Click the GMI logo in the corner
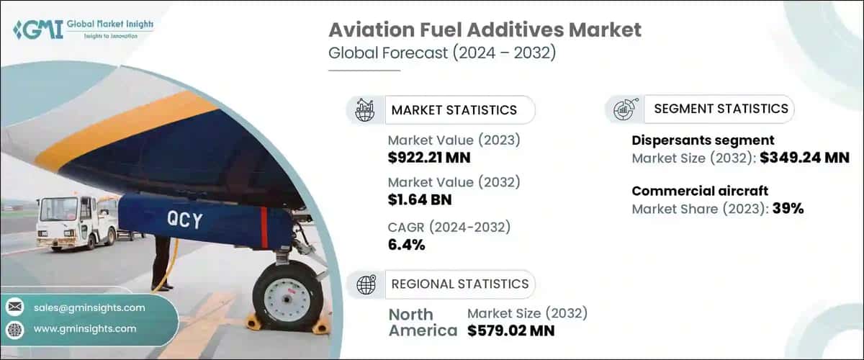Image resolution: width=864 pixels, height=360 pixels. click(x=83, y=30)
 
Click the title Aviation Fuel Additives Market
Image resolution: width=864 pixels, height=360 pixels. click(x=485, y=30)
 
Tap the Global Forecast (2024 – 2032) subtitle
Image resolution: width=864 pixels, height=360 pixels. click(x=441, y=54)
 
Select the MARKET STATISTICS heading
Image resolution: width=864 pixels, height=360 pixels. click(x=454, y=110)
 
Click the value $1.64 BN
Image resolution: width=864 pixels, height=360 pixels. click(x=420, y=199)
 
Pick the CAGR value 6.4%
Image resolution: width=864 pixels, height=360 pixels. click(x=406, y=245)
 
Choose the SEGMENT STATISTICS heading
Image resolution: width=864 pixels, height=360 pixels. click(x=721, y=109)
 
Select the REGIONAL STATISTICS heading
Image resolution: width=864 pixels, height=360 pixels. click(x=459, y=284)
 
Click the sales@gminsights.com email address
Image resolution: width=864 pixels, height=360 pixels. click(x=89, y=307)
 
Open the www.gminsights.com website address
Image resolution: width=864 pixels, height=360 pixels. click(x=85, y=328)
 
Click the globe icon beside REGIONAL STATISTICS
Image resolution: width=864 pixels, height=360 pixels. click(x=366, y=284)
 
